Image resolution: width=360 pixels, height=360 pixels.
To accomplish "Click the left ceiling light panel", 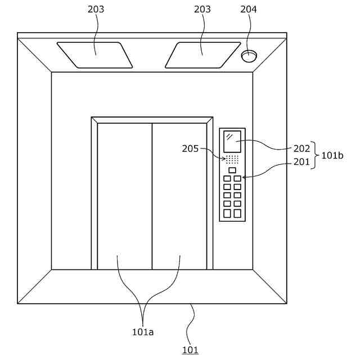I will (94, 55).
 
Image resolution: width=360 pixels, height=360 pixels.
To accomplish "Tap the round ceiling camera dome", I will (249, 56).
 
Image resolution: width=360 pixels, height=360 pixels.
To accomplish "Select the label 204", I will (249, 10).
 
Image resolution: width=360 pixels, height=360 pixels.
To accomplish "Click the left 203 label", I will (96, 10).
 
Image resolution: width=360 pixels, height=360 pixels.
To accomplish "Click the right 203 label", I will (202, 10).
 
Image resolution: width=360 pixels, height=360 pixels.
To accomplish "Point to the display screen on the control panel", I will (232, 141).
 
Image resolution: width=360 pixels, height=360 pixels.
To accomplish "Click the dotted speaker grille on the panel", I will (232, 159).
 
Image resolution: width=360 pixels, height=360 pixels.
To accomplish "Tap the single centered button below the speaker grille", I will (232, 170).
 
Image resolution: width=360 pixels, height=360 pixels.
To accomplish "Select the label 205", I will (190, 148).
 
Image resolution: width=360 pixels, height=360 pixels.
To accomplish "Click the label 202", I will (301, 148).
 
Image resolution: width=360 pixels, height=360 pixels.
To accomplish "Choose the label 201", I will (301, 162).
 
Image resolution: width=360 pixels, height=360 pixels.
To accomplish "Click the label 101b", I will (332, 155).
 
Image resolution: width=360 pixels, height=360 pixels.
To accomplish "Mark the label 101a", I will (143, 332).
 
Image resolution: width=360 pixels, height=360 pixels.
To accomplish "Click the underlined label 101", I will (190, 350).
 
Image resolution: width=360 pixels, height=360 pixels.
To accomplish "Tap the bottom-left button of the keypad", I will (227, 213).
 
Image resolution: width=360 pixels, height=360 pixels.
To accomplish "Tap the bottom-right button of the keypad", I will (237, 213).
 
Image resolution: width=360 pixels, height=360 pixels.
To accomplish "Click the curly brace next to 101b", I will (316, 155).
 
